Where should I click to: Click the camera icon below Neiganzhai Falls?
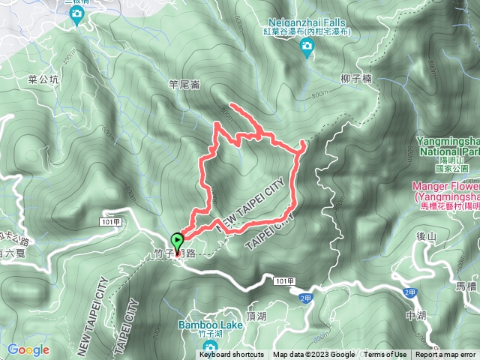tap(306, 49)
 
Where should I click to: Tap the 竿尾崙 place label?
tap(184, 85)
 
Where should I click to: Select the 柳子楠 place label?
tap(355, 78)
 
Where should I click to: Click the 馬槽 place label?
tap(466, 286)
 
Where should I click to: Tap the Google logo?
tap(28, 349)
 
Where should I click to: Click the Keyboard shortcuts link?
tap(232, 355)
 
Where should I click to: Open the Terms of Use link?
tap(385, 355)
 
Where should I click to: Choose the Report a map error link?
tap(446, 355)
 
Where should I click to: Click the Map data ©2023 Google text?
tap(314, 355)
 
